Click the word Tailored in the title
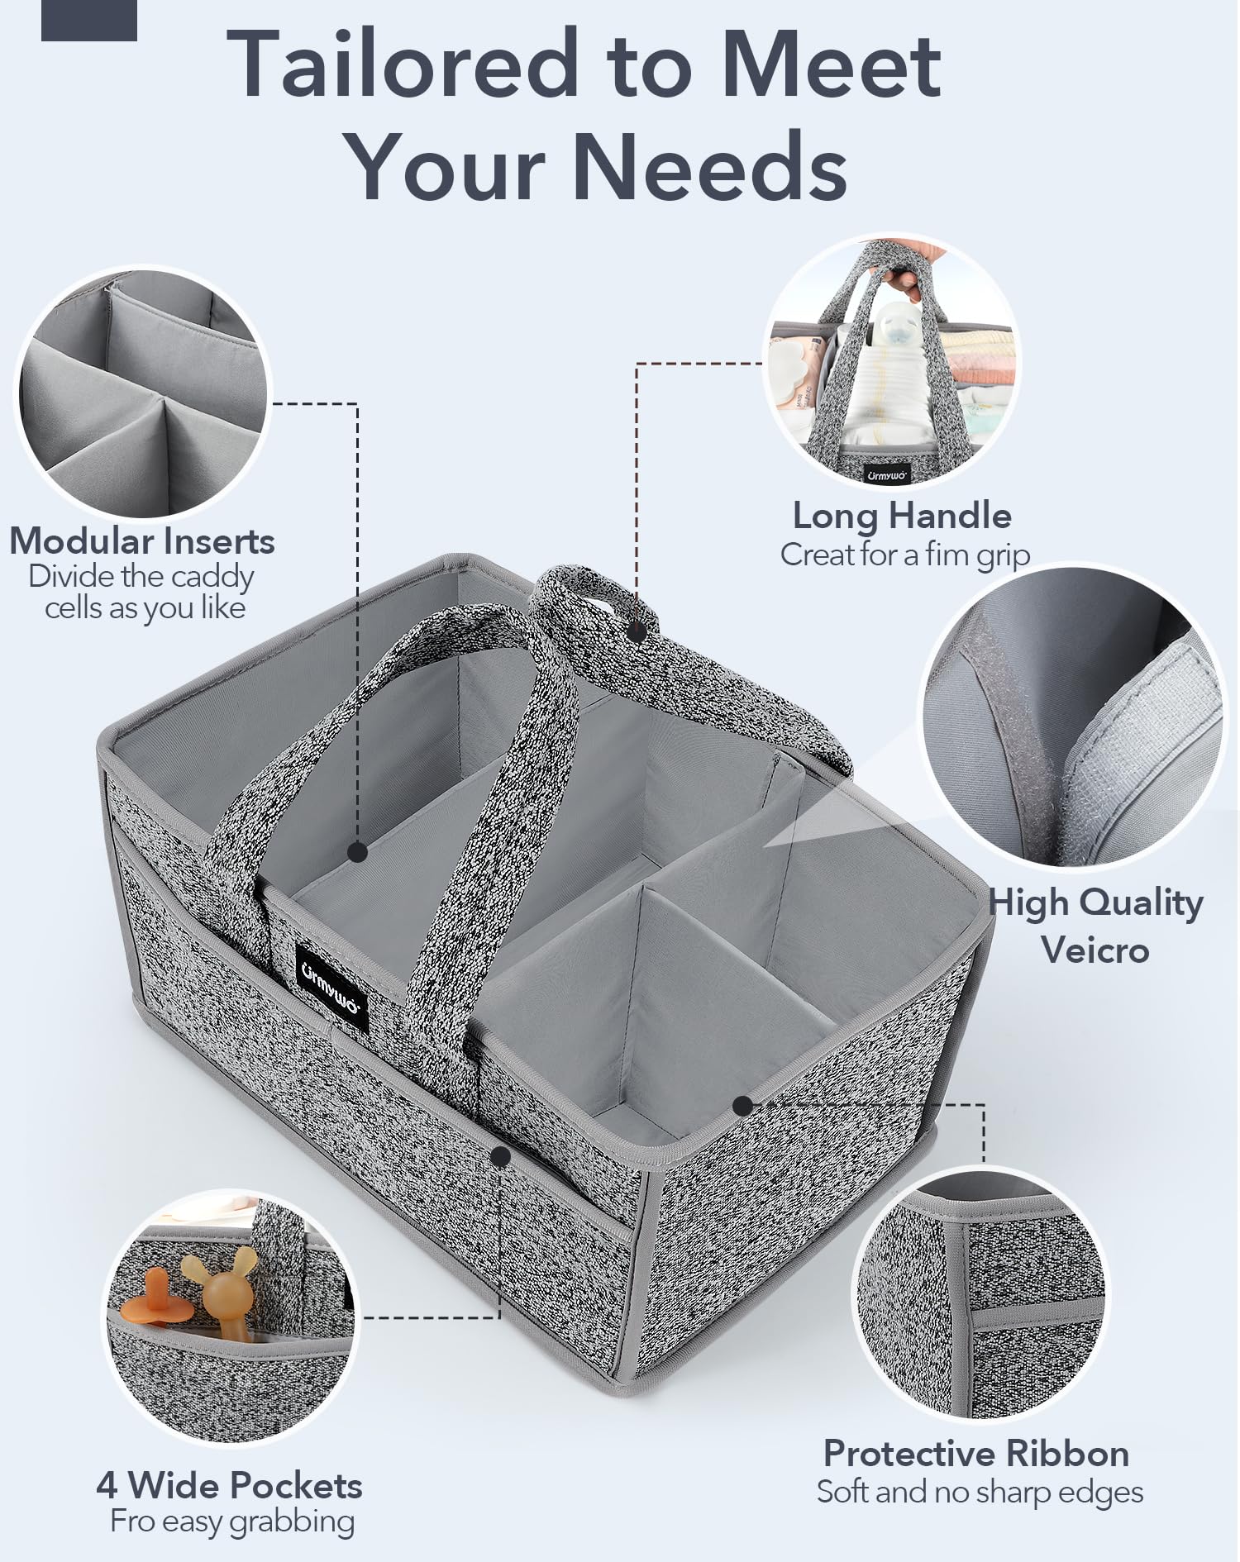point(403,64)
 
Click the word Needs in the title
point(710,166)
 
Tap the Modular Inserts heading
point(142,541)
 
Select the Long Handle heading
point(902,516)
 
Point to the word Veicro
point(1095,950)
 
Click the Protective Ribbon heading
point(976,1453)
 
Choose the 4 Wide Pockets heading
point(229,1485)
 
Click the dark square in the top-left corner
point(89,20)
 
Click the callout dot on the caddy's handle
point(637,633)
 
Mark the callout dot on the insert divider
point(358,852)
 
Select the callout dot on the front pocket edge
point(500,1156)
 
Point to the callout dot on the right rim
point(742,1105)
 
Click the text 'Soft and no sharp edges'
point(980,1492)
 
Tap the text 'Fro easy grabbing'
point(232,1522)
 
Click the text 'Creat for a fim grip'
point(905,555)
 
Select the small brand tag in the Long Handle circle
point(887,475)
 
